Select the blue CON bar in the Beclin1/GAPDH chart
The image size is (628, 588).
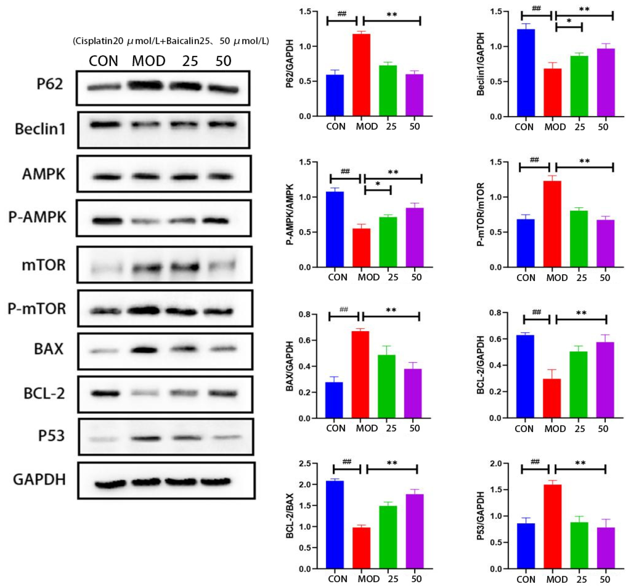pos(526,73)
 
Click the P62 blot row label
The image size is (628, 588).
pos(50,84)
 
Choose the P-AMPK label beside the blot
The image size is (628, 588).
pos(37,217)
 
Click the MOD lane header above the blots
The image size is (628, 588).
pos(148,61)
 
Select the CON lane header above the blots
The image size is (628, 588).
pos(103,61)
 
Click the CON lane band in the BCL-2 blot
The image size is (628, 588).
pos(105,394)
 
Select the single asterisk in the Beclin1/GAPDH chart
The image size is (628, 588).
pos(569,21)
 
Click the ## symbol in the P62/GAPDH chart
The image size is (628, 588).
pos(342,14)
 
